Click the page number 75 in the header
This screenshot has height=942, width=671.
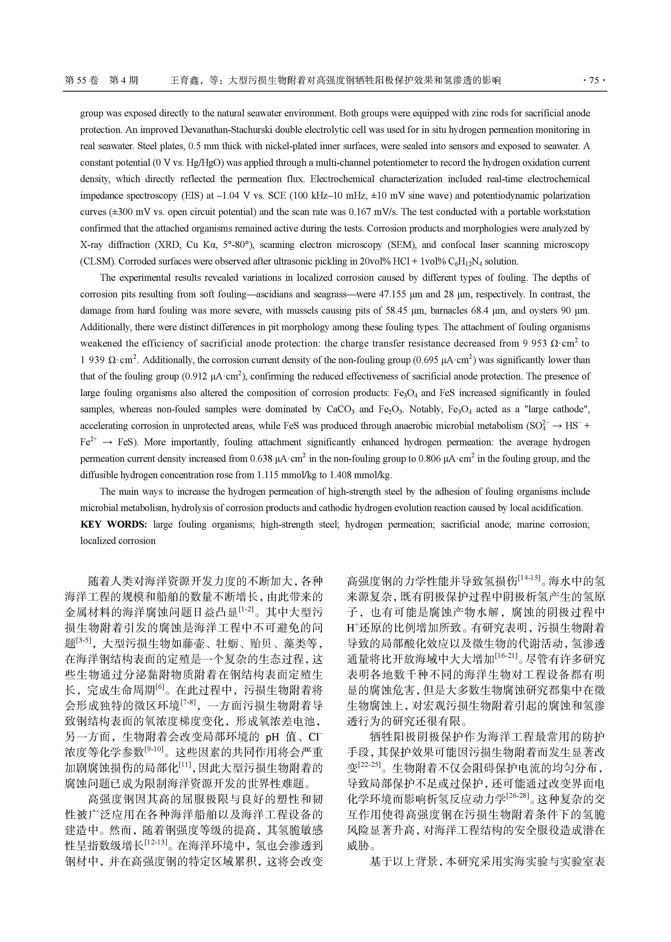click(x=594, y=80)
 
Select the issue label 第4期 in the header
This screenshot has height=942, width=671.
click(x=123, y=80)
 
